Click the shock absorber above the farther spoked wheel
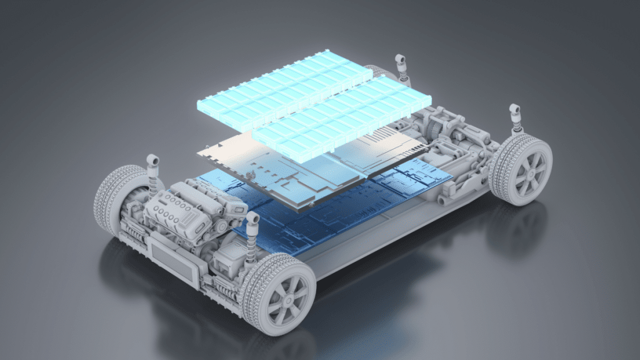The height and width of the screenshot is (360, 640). (516, 118)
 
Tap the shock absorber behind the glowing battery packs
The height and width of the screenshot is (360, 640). (400, 67)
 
